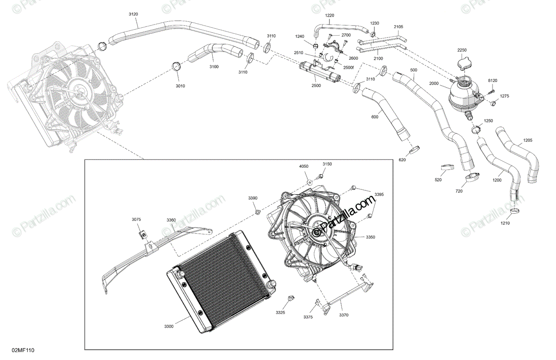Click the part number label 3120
tap(133, 14)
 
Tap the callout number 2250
tap(462, 50)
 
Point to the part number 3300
tap(169, 327)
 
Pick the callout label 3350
tap(370, 237)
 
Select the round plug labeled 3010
tap(177, 66)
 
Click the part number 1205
tap(528, 140)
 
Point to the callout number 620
tap(402, 160)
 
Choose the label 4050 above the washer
tap(303, 165)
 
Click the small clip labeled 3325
tap(291, 298)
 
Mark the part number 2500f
tap(348, 68)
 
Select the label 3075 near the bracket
tap(136, 219)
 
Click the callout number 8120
tap(492, 81)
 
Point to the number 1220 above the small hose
tap(329, 15)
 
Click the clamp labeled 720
tap(472, 176)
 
